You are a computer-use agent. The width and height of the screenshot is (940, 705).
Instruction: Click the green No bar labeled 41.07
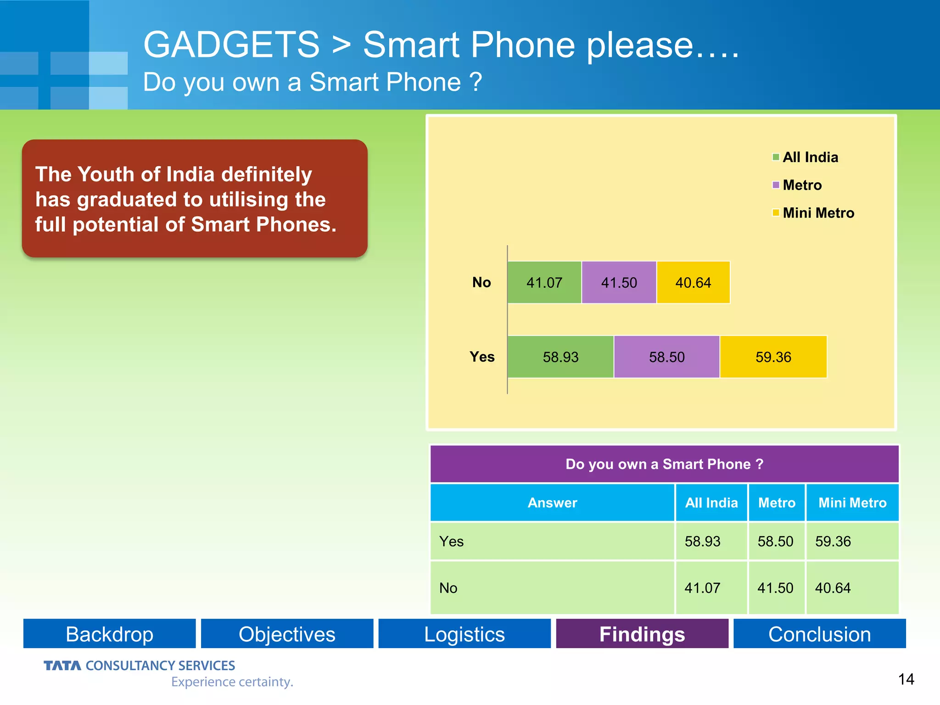coord(544,282)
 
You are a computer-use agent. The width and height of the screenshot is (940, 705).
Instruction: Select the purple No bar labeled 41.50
coord(619,282)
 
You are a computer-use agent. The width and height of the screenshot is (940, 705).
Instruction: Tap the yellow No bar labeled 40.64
coord(693,282)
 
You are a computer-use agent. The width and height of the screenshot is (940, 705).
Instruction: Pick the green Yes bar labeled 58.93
coord(560,357)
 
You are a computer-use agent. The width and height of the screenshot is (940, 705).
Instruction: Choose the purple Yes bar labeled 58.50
coord(666,357)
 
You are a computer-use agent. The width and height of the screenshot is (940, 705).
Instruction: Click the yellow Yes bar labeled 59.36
coord(773,357)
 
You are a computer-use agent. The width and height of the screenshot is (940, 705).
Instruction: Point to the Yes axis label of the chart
coord(482,357)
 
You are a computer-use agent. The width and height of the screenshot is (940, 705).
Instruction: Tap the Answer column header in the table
coord(552,503)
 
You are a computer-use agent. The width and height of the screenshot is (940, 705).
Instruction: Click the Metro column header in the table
coord(777,503)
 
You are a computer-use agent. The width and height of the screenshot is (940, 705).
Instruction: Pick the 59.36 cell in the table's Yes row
coord(833,541)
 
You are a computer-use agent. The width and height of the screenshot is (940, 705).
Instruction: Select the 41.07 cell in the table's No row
coord(702,588)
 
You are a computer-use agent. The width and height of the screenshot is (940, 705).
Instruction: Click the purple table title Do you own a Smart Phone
coord(664,464)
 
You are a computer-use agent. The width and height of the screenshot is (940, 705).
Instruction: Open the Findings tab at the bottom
coord(642,634)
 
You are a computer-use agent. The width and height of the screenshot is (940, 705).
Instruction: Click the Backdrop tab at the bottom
coord(109,634)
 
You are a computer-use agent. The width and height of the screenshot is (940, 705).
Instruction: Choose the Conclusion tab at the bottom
coord(819,634)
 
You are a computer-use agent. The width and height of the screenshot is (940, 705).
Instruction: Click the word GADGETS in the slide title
coord(231,45)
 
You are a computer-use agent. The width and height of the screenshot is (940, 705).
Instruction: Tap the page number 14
coord(906,679)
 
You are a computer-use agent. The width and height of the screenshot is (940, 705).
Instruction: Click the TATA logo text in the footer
coord(62,666)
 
